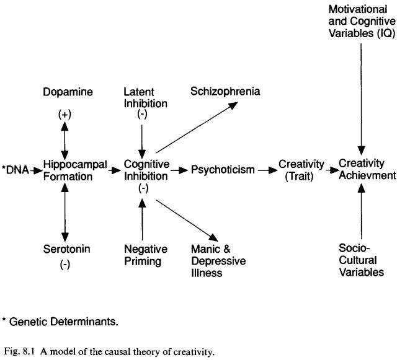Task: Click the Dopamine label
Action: click(69, 92)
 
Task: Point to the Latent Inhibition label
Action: click(142, 97)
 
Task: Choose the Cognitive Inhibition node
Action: click(142, 170)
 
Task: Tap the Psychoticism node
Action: click(222, 170)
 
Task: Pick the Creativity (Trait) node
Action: click(301, 169)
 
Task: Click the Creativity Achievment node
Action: click(367, 169)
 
